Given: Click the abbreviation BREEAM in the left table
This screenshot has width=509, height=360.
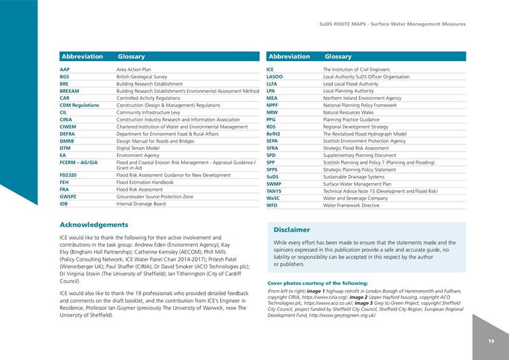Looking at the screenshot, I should [x=69, y=91].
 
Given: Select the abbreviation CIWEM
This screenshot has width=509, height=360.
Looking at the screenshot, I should [x=69, y=127].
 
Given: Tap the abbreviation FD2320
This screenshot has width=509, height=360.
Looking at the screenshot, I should [x=69, y=174].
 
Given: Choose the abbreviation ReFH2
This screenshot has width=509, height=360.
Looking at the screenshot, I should [x=275, y=134].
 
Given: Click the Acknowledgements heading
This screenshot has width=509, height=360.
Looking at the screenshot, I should [x=94, y=225].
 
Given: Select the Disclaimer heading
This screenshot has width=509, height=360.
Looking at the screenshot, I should [x=291, y=230].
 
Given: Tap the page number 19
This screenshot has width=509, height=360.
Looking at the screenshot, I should [x=491, y=342].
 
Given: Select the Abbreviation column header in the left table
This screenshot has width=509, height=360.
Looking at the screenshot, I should [x=81, y=57].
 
